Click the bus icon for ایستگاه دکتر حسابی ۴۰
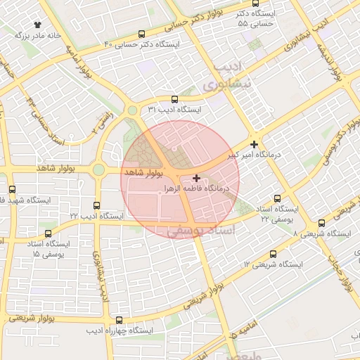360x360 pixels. [x=142, y=34]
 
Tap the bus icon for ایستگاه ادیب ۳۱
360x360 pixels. [x=174, y=99]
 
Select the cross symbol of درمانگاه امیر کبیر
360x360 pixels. [x=254, y=143]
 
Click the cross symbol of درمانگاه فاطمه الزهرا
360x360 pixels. [x=196, y=179]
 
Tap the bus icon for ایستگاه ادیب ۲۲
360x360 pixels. [x=87, y=205]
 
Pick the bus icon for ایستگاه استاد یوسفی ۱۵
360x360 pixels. [x=48, y=233]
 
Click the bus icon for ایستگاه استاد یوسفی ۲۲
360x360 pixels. [x=277, y=198]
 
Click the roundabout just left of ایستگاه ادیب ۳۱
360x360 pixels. [x=132, y=110]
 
